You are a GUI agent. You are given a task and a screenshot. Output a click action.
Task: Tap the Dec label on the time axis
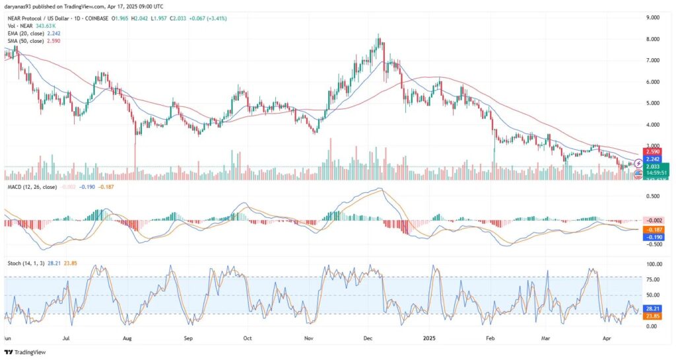[368, 337]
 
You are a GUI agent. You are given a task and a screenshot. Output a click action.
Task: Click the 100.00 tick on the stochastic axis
[653, 264]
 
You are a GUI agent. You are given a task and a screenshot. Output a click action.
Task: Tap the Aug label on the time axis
[127, 337]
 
